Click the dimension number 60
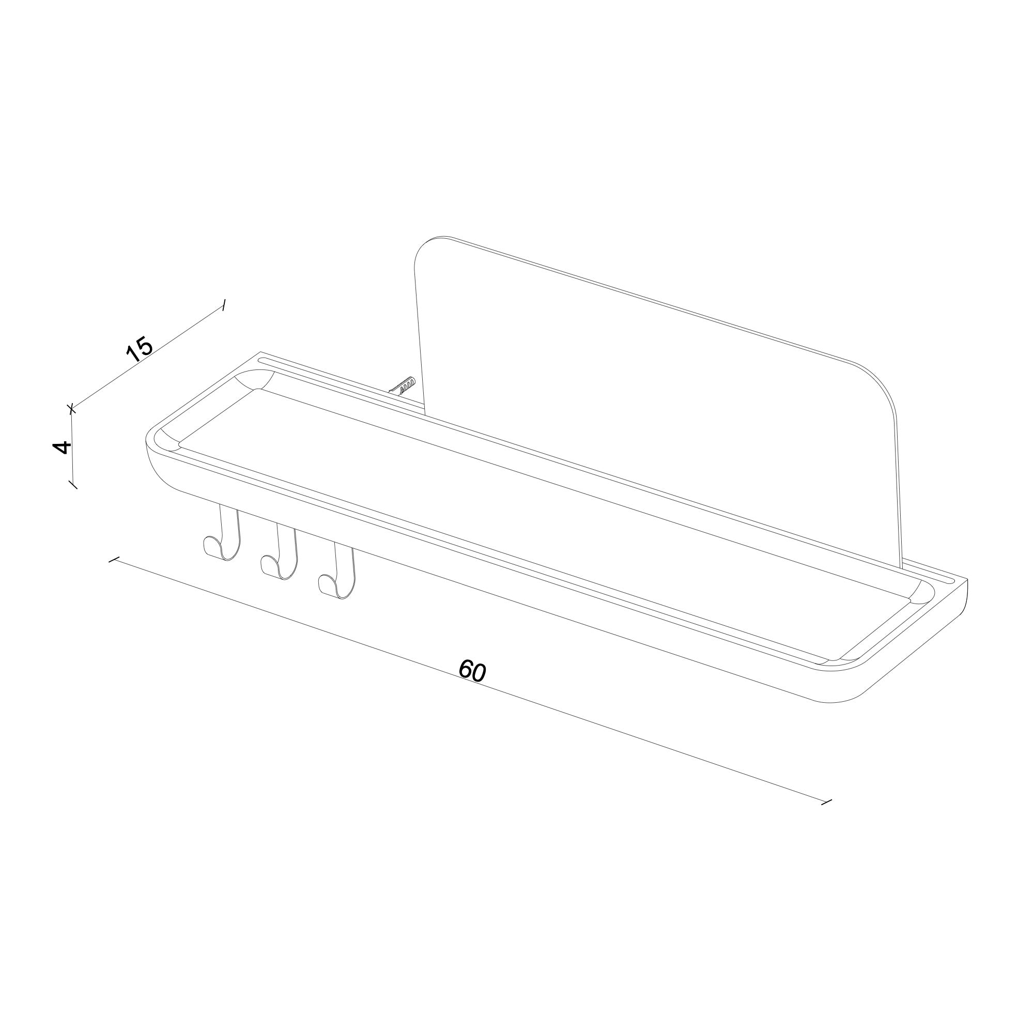472,671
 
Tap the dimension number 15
140,350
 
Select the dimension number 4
63,446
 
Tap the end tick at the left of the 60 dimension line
113,560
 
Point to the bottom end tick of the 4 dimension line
73,484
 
